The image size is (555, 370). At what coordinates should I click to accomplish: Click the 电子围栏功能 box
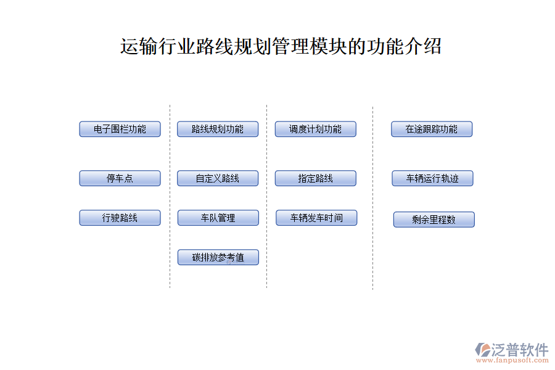point(120,129)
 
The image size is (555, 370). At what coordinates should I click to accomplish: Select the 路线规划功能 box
point(218,129)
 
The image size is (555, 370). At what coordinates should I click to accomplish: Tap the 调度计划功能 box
point(315,129)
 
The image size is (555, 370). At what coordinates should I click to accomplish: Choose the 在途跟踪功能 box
point(432,129)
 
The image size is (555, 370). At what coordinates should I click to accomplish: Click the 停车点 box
point(120,178)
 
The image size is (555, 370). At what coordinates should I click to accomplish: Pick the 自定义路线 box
point(218,178)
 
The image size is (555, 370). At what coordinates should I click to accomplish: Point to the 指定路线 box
point(315,178)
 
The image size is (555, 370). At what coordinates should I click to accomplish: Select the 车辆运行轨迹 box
point(432,178)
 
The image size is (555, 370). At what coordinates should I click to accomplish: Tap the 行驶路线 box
point(120,218)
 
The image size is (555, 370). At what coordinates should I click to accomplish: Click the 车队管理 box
point(218,218)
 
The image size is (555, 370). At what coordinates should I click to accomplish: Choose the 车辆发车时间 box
point(316,218)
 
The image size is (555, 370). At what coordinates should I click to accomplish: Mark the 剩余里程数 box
point(434,220)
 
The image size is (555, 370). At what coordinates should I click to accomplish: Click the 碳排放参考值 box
point(218,257)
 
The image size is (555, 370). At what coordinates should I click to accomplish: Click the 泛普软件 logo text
point(520,350)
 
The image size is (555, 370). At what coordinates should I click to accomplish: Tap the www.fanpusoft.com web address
point(512,360)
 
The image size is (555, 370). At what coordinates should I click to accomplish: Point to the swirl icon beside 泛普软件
point(483,350)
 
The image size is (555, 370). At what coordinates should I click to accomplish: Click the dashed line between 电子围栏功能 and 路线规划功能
point(170,197)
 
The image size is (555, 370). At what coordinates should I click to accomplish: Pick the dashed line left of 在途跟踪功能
point(372,197)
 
